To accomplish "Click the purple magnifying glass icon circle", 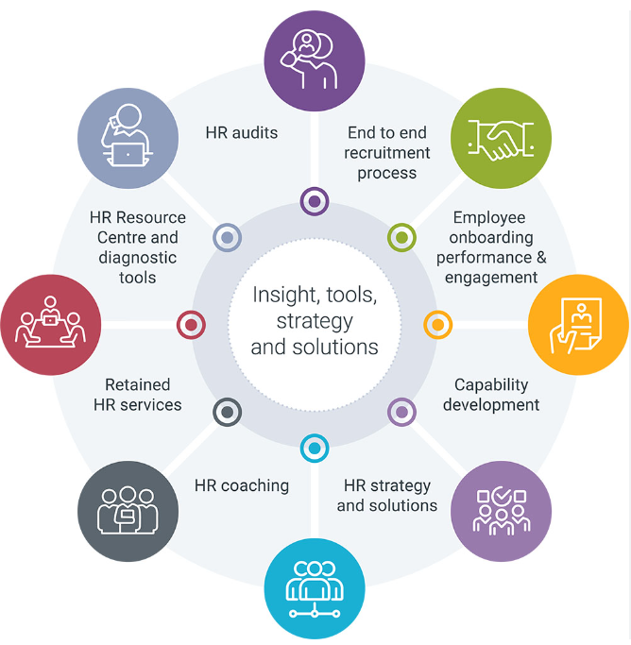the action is point(315,60).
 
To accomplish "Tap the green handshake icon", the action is point(501,138).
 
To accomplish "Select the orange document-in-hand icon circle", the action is point(578,325).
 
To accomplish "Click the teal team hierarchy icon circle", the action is point(315,588).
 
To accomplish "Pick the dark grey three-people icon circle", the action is point(128,511).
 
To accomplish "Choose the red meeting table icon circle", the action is point(51,325).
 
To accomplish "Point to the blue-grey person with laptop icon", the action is point(128,138).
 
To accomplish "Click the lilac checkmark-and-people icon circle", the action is point(501,511).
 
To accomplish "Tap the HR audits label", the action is point(242,133).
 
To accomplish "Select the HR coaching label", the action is point(242,485).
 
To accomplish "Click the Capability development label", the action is point(491,395).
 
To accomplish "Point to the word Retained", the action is point(137,384).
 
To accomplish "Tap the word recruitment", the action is point(386,153).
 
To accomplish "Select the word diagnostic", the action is point(137,258).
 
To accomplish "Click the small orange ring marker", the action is point(437,325).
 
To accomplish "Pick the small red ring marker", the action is point(191,325).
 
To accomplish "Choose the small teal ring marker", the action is point(315,448).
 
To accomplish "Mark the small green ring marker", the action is point(401,237).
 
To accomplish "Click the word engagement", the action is point(491,278).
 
